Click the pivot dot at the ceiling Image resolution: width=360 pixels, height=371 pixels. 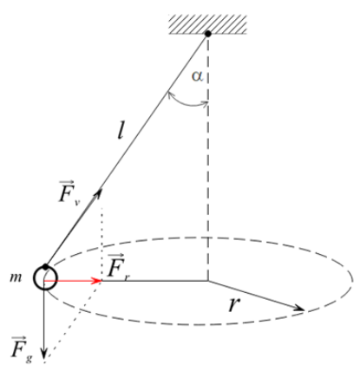pyautogui.click(x=208, y=34)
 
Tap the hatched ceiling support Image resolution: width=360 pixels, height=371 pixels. pyautogui.click(x=208, y=24)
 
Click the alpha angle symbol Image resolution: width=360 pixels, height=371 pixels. pyautogui.click(x=198, y=76)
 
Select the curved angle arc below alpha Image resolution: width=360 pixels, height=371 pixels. pyautogui.click(x=187, y=103)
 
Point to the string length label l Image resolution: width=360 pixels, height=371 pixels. pyautogui.click(x=121, y=132)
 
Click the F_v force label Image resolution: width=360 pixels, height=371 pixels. pyautogui.click(x=69, y=192)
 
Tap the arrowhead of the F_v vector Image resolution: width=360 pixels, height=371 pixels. pyautogui.click(x=99, y=192)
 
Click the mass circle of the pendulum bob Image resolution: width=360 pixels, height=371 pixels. pyautogui.click(x=45, y=278)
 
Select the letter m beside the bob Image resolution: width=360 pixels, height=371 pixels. pyautogui.click(x=16, y=277)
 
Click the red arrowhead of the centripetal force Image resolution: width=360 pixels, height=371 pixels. pyautogui.click(x=96, y=281)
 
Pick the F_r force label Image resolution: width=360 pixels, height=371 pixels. pyautogui.click(x=118, y=266)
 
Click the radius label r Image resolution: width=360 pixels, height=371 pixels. pyautogui.click(x=234, y=304)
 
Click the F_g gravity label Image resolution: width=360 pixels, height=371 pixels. pyautogui.click(x=22, y=348)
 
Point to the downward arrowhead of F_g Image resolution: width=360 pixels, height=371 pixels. pyautogui.click(x=43, y=353)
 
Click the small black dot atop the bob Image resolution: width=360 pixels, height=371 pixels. pyautogui.click(x=45, y=266)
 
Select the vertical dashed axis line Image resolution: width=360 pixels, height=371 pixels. pyautogui.click(x=208, y=159)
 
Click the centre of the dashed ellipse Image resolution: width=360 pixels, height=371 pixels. pyautogui.click(x=208, y=281)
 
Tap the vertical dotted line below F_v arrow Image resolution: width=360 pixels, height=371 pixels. pyautogui.click(x=101, y=244)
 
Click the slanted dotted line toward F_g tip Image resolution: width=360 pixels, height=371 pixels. pyautogui.click(x=73, y=321)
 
